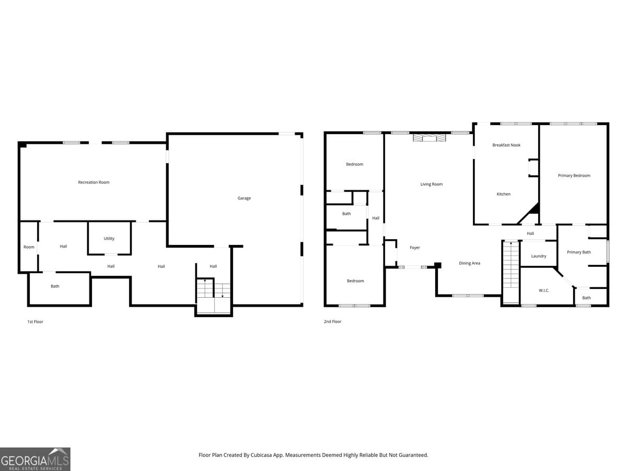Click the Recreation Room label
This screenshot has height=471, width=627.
pyautogui.click(x=94, y=182)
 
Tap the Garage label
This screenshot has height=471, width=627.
pyautogui.click(x=244, y=198)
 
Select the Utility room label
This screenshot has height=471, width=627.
pyautogui.click(x=109, y=239)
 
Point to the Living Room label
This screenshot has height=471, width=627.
pyautogui.click(x=432, y=184)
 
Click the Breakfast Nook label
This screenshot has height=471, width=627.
pyautogui.click(x=506, y=145)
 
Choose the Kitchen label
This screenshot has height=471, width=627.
pyautogui.click(x=503, y=194)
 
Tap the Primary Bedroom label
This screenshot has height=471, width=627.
pyautogui.click(x=574, y=175)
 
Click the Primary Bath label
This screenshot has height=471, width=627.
pyautogui.click(x=579, y=252)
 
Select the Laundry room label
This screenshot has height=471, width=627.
pyautogui.click(x=539, y=256)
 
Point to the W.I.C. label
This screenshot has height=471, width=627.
pyautogui.click(x=544, y=290)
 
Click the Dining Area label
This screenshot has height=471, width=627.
pyautogui.click(x=469, y=263)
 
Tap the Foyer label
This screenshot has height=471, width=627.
pyautogui.click(x=414, y=248)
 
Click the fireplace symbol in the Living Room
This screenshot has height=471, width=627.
pyautogui.click(x=429, y=138)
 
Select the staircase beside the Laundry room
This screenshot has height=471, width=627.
pyautogui.click(x=510, y=272)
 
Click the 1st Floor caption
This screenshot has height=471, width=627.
pyautogui.click(x=35, y=322)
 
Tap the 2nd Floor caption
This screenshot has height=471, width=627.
pyautogui.click(x=332, y=321)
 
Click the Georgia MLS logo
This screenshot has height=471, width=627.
pyautogui.click(x=35, y=459)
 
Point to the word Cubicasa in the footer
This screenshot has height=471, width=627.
pyautogui.click(x=261, y=455)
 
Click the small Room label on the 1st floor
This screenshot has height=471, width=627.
pyautogui.click(x=29, y=247)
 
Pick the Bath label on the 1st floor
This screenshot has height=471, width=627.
pyautogui.click(x=55, y=286)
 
